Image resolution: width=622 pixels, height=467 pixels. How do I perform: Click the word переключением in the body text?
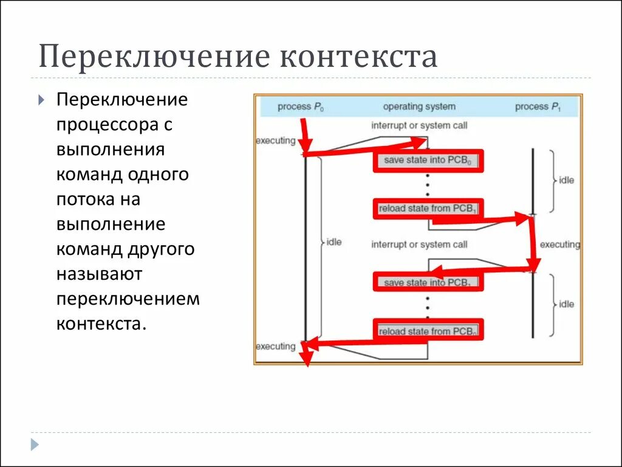point(128,299)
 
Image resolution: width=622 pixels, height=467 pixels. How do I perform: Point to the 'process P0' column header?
point(301,107)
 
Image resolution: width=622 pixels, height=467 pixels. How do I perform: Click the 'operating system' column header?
point(419,106)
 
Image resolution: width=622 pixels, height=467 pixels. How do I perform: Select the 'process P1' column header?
point(538,107)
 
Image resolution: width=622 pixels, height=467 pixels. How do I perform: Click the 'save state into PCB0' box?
point(428,161)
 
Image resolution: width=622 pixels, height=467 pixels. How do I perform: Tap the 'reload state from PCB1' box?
point(428,209)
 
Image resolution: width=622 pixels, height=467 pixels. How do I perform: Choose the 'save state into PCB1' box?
point(428,282)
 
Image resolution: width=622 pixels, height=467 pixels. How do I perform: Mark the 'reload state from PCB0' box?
point(428,331)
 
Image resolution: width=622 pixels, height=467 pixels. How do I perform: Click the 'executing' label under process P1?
point(559,244)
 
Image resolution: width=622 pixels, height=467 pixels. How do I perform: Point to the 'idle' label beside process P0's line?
point(334,242)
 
